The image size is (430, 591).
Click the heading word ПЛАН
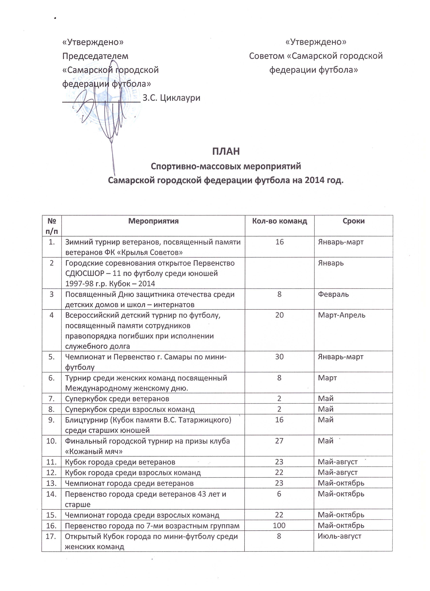[226, 151]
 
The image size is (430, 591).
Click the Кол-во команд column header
[280, 221]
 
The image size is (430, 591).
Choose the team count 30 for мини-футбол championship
[279, 357]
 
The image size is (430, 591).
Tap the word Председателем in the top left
[95, 56]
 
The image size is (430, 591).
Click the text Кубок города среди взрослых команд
[133, 472]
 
